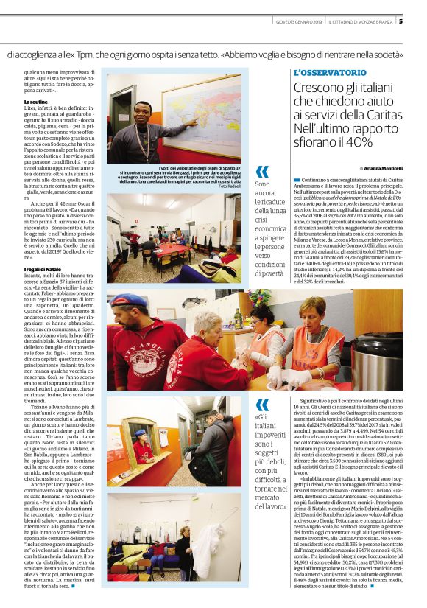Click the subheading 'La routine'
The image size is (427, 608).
click(36, 101)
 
